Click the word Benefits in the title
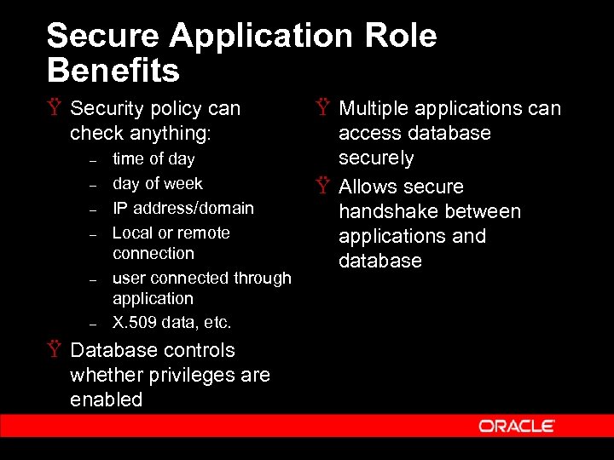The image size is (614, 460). click(x=113, y=70)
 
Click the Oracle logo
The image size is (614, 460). click(x=517, y=426)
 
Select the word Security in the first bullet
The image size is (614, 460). click(x=108, y=109)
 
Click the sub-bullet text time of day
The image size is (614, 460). click(x=153, y=158)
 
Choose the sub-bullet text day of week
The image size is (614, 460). click(x=158, y=183)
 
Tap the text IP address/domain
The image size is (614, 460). click(x=183, y=208)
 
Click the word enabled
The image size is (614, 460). click(x=107, y=400)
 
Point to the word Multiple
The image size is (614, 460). click(x=376, y=109)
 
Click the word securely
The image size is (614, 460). click(x=376, y=158)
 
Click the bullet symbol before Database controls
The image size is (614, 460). click(x=55, y=350)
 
